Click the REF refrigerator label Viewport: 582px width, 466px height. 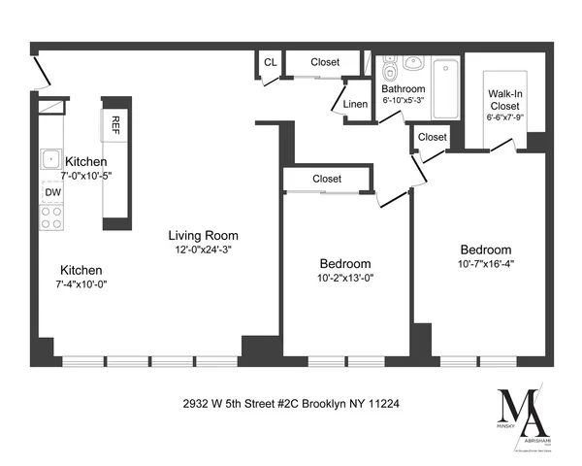115,123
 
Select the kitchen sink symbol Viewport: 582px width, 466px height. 50,158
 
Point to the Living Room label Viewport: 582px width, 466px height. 203,235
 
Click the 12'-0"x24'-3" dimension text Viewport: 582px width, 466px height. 203,250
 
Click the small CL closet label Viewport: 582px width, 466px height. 270,62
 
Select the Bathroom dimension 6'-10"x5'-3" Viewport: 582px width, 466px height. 403,100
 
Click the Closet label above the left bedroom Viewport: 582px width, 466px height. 327,179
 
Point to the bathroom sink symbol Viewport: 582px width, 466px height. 414,64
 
